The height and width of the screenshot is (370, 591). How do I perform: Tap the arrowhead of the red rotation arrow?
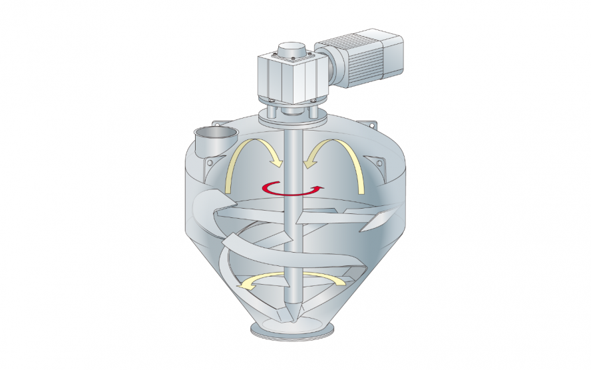322,188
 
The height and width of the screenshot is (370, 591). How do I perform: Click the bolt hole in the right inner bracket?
379,162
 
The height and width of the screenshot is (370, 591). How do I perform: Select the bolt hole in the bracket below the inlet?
209,162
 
